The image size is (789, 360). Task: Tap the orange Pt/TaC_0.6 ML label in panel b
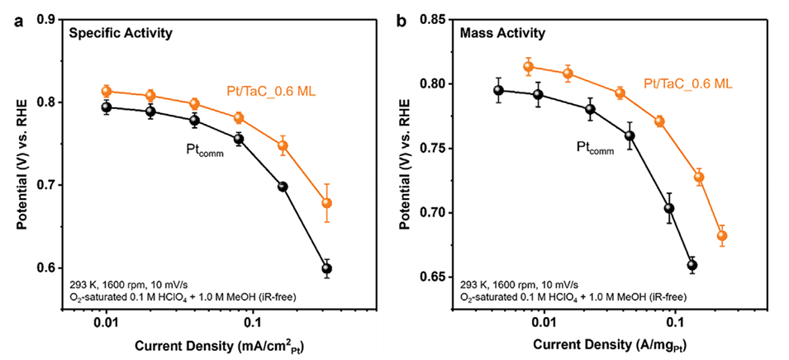[685, 83]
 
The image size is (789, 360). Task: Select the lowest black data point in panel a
[327, 268]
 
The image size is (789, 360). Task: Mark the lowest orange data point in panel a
[326, 202]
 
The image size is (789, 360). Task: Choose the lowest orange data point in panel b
[722, 236]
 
